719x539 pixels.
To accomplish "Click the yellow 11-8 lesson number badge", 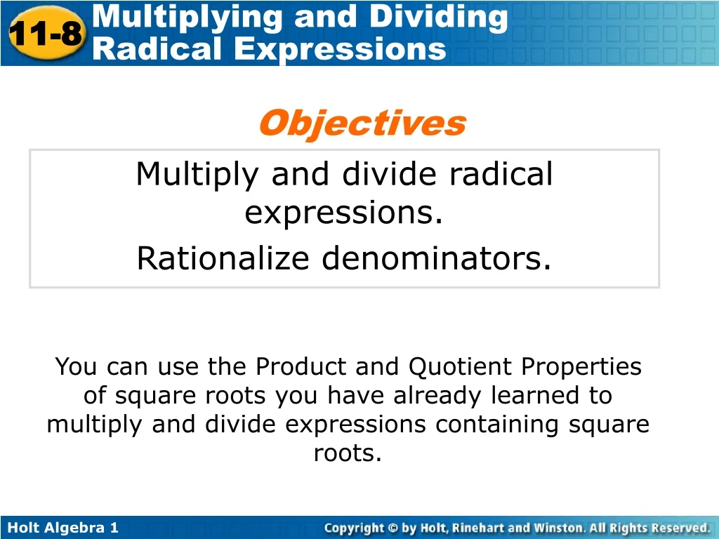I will pos(46,34).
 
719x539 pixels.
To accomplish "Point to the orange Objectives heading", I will pos(362,124).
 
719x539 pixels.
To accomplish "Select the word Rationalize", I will pos(223,259).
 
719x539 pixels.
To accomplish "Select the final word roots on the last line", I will pos(348,453).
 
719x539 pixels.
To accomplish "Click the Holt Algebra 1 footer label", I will pos(62,528).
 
